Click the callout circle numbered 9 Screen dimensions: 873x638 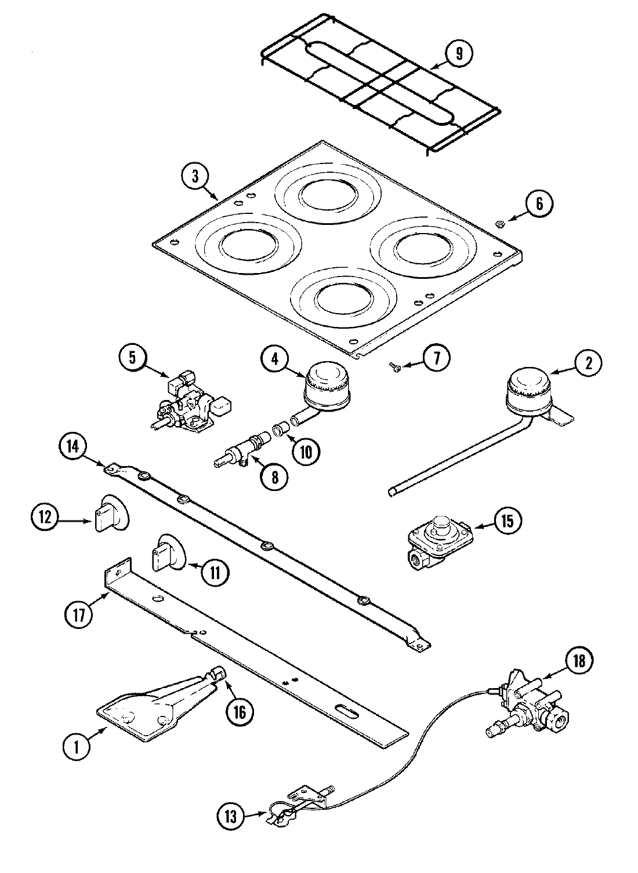click(459, 54)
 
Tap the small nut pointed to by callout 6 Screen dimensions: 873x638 click(499, 223)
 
